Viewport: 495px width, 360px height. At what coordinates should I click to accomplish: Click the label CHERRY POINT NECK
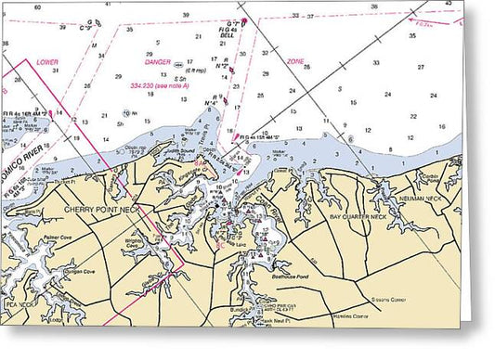[99, 210]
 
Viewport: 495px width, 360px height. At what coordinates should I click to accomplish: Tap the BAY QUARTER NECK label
[365, 215]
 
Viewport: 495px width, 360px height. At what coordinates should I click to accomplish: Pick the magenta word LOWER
[47, 62]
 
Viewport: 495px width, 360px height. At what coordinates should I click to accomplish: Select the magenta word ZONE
[295, 61]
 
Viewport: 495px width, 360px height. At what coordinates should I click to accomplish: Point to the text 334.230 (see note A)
[162, 86]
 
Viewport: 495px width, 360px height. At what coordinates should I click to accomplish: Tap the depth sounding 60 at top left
[37, 6]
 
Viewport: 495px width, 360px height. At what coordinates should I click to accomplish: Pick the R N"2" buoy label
[221, 66]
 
